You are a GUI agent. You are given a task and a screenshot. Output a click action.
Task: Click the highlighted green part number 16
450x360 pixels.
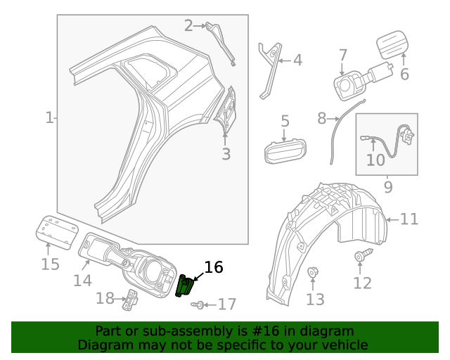185,286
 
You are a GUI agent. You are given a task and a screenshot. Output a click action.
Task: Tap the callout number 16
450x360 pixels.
213,267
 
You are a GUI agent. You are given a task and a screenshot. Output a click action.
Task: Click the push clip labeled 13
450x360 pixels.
314,272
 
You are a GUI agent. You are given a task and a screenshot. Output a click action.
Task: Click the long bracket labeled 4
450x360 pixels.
269,69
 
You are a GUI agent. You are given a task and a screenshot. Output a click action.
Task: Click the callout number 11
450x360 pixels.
409,219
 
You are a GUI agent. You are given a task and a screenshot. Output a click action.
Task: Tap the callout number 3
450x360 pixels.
226,154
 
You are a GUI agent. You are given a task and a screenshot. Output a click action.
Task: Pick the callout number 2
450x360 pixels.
188,26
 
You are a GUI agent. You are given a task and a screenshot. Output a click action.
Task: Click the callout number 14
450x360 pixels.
82,281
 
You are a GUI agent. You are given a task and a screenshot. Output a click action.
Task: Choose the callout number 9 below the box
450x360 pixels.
387,186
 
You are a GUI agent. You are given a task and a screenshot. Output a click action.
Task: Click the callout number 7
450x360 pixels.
342,55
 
